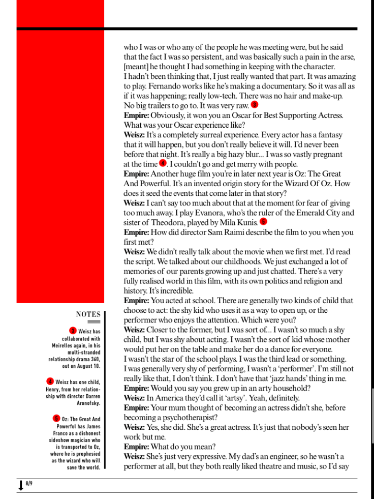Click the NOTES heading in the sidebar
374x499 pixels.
[88, 314]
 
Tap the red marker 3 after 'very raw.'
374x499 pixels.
[255, 105]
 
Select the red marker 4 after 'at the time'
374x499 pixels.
[163, 163]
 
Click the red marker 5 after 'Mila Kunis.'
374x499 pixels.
[263, 221]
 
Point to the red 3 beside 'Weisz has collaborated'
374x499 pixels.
[73, 331]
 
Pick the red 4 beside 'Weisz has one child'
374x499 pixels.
[50, 381]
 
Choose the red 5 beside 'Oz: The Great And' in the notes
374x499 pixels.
[56, 418]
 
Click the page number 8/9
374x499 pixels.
[28, 483]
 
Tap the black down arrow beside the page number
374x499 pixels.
[20, 485]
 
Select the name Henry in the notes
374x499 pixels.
[53, 389]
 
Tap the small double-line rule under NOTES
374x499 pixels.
[94, 322]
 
